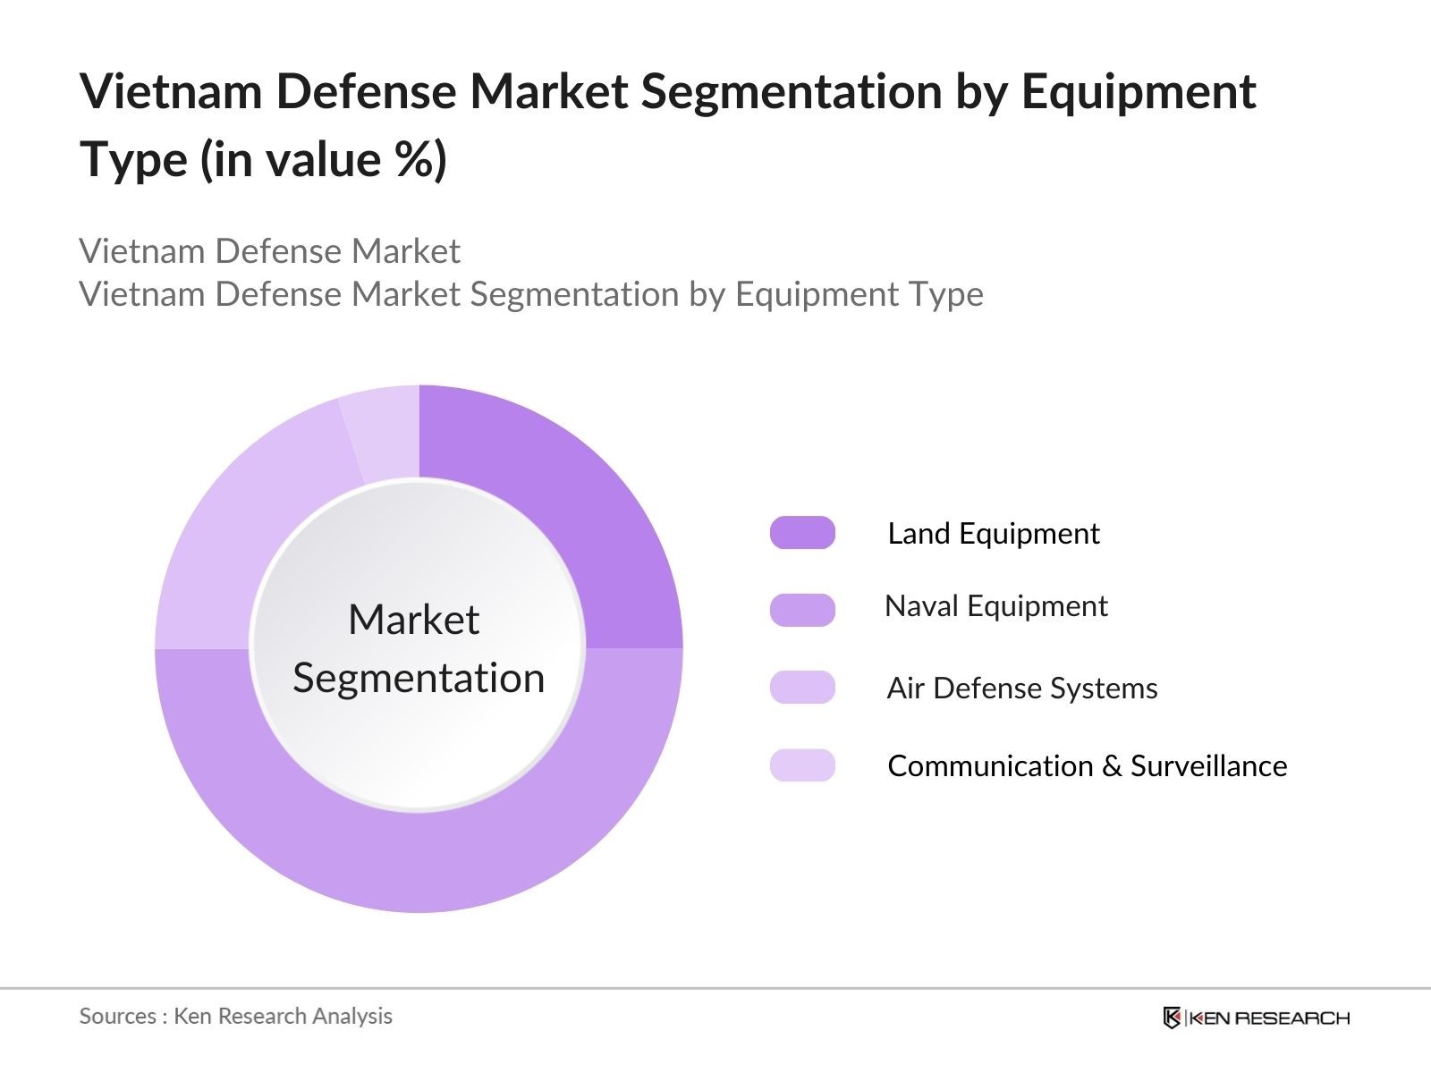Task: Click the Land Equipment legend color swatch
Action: pyautogui.click(x=802, y=533)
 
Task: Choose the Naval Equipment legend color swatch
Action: pyautogui.click(x=802, y=610)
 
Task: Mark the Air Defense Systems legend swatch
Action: pyautogui.click(x=802, y=688)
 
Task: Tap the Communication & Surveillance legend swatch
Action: pyautogui.click(x=802, y=765)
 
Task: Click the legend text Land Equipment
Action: pyautogui.click(x=993, y=534)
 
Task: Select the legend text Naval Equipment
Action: pyautogui.click(x=995, y=606)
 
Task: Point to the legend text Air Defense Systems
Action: pyautogui.click(x=1021, y=689)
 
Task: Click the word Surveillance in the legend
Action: pyautogui.click(x=1208, y=766)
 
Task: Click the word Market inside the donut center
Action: pyautogui.click(x=413, y=620)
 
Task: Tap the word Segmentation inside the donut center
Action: pyautogui.click(x=419, y=678)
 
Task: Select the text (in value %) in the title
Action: pyautogui.click(x=323, y=160)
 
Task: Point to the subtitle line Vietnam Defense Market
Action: pyautogui.click(x=269, y=251)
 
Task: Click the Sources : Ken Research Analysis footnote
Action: pyautogui.click(x=235, y=1016)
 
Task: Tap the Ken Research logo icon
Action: pyautogui.click(x=1172, y=1018)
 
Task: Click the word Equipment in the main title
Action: pyautogui.click(x=1138, y=93)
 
